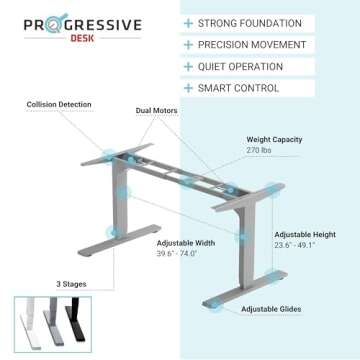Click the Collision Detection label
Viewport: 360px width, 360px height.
pos(59,104)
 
